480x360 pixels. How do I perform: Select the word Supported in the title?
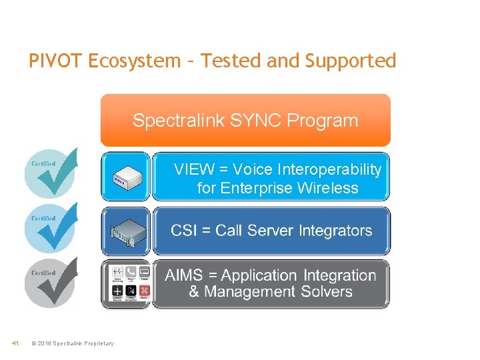click(351, 61)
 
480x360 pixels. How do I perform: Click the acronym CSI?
click(185, 231)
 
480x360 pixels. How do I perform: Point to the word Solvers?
click(327, 291)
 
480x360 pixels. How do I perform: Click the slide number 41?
click(15, 343)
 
